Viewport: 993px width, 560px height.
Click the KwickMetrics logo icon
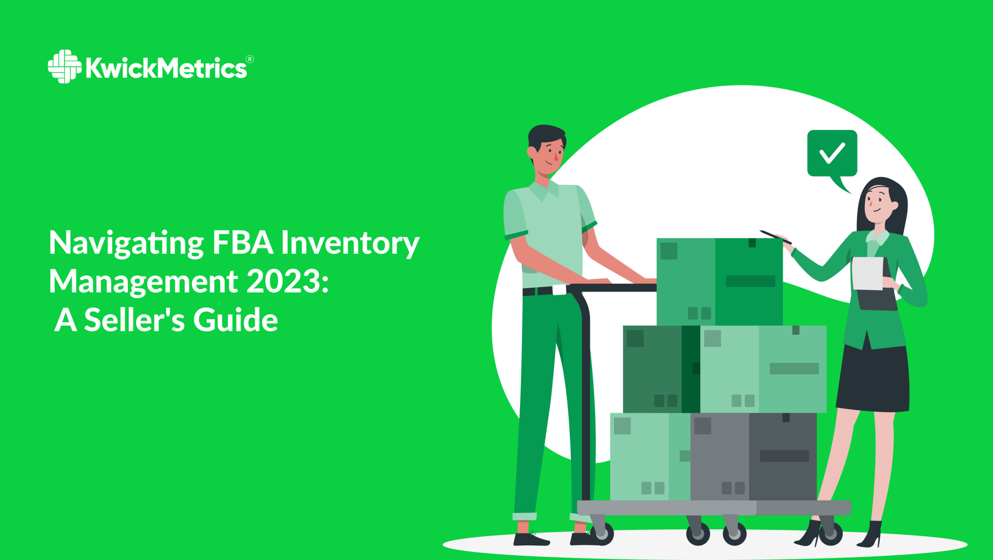tap(64, 66)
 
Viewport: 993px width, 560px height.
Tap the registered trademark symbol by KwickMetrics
tap(250, 59)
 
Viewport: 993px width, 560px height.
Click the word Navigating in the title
tap(126, 244)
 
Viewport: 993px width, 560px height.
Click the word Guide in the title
tap(235, 320)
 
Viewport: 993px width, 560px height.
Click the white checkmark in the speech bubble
tap(832, 153)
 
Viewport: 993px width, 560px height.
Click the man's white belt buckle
tap(559, 290)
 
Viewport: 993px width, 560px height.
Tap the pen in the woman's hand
tap(775, 237)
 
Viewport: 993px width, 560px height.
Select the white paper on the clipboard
tap(868, 273)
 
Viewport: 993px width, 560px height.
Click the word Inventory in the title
tap(350, 244)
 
